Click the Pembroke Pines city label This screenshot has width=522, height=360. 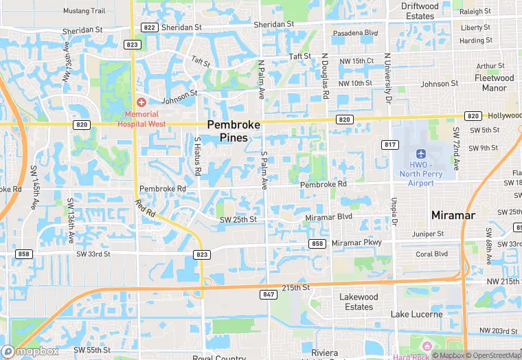(x=234, y=131)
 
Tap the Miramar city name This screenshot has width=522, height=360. (x=453, y=215)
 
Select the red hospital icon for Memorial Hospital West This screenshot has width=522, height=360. (x=141, y=102)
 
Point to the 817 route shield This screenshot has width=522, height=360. (x=390, y=144)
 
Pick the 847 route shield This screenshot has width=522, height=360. (x=268, y=294)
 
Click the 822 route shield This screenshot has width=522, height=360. (x=149, y=27)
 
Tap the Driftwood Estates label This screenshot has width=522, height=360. (x=420, y=11)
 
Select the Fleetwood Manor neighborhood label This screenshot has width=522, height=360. (x=494, y=83)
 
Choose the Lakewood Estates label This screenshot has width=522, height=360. (x=359, y=302)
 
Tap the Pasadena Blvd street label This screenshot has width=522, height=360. (x=355, y=33)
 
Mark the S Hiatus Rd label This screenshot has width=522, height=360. (x=197, y=156)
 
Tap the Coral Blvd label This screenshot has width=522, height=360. (x=432, y=254)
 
